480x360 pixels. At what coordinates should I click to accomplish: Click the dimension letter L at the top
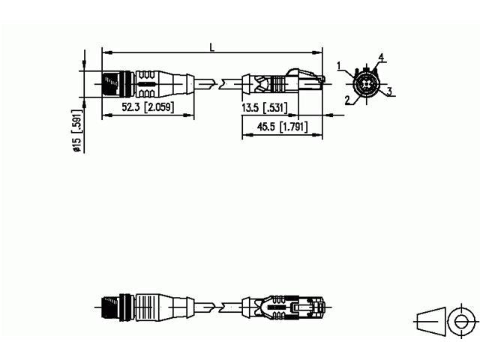[x=212, y=46]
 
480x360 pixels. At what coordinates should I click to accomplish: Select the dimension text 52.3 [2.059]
[x=148, y=108]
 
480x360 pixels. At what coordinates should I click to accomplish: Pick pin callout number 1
[x=339, y=67]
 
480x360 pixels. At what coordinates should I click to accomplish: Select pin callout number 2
[x=348, y=99]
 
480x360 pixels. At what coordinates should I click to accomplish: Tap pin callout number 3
[x=391, y=91]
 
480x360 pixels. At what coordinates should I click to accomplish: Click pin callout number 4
[x=381, y=57]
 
